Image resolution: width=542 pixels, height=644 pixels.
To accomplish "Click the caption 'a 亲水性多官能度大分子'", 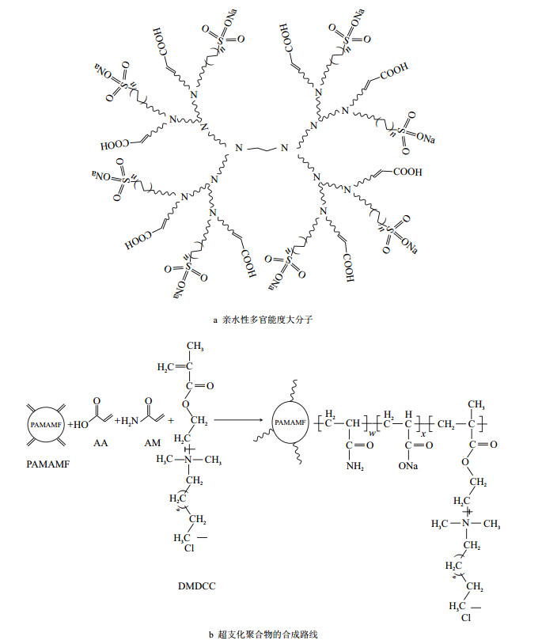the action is coord(271,320).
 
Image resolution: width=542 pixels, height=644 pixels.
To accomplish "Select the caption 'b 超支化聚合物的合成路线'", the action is coord(271,634).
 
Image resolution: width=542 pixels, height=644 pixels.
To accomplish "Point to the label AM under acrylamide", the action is coord(152,445).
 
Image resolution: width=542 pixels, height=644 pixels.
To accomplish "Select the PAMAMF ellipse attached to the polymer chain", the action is coord(290,423).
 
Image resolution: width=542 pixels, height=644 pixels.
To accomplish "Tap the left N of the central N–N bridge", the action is coord(241,147).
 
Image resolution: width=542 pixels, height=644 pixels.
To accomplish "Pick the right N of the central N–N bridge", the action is coord(289,147).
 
